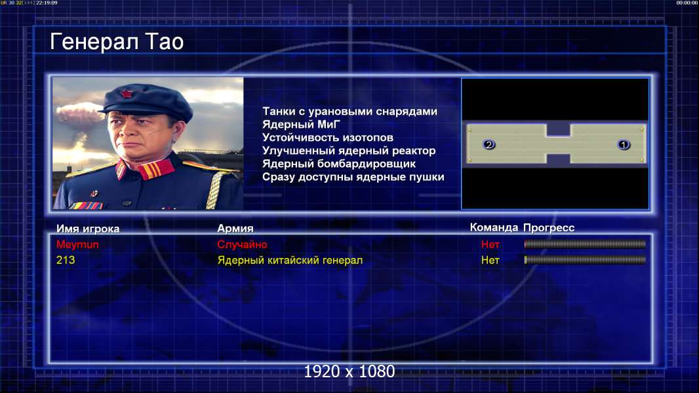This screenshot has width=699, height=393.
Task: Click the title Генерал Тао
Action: [x=117, y=42]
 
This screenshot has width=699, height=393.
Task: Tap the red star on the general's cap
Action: [x=127, y=94]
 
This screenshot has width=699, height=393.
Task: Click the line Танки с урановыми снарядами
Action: [x=350, y=111]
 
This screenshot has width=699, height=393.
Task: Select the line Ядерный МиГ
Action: [x=302, y=124]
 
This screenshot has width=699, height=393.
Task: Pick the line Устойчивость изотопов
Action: [x=328, y=138]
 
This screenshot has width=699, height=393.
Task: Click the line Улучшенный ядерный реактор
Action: [x=349, y=151]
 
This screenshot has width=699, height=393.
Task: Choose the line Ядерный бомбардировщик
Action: [x=339, y=164]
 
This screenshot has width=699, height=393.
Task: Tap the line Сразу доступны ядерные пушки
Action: [x=353, y=177]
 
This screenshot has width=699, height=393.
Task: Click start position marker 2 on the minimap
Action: [x=489, y=144]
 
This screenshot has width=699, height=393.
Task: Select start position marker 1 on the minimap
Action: [x=624, y=144]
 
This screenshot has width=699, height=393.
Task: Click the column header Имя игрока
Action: [x=88, y=229]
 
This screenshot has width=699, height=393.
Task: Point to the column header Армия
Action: [x=235, y=229]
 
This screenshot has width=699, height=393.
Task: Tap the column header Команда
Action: [x=494, y=227]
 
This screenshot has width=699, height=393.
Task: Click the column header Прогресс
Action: [x=549, y=228]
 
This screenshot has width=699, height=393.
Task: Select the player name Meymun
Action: [x=77, y=244]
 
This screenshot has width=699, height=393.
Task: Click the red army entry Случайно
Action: [x=242, y=244]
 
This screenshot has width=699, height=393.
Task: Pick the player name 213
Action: [x=66, y=260]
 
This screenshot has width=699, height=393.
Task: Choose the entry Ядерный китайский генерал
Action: [x=290, y=261]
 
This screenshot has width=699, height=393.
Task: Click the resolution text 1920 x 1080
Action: [x=349, y=371]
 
